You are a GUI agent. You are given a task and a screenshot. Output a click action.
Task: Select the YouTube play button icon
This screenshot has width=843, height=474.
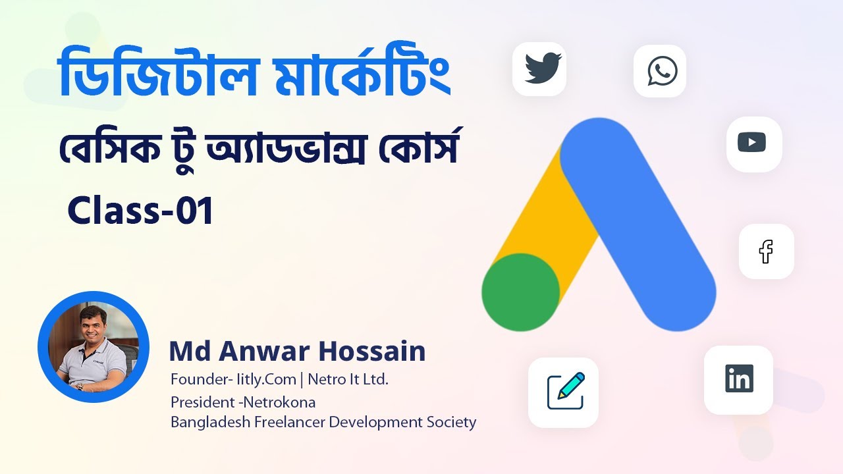coord(752,142)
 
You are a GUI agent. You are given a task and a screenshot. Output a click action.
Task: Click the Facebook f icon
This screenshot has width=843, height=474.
coord(766,251)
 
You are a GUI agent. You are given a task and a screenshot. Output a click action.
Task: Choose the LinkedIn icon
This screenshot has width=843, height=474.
coord(739,379)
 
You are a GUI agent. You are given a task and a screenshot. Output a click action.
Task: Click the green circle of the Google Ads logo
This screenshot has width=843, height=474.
coord(520,292)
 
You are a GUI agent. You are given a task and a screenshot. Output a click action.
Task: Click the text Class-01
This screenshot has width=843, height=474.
coord(140,213)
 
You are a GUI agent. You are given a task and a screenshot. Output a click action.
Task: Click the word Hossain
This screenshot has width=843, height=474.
coord(372,352)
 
